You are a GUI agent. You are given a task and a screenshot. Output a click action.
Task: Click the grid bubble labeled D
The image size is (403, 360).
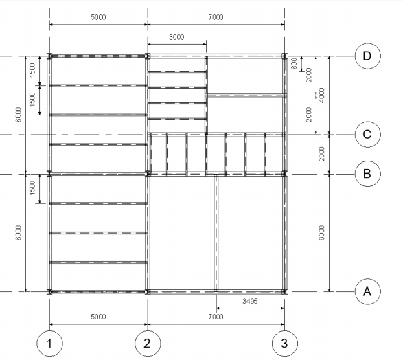367,56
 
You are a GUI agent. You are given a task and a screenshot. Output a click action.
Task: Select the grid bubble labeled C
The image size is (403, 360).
367,134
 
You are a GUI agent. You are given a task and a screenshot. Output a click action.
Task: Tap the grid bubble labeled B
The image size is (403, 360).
367,174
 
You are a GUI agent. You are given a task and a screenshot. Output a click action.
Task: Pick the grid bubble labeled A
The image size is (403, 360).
367,291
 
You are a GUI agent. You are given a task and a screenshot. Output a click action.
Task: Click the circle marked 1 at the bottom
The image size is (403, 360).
49,343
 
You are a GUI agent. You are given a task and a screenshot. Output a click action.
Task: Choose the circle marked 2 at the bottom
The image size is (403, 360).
147,343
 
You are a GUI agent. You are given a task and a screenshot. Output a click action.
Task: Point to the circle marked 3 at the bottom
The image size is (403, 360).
285,343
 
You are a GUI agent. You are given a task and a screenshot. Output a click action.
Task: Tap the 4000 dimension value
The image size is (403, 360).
322,95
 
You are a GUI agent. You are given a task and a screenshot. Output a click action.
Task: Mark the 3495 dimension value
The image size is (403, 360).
250,301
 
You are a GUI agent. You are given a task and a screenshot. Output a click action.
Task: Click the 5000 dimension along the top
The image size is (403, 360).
98,18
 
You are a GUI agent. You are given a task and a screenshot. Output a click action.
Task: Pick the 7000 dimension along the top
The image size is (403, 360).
216,18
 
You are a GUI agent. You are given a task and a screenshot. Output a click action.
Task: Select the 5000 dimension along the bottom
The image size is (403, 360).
98,317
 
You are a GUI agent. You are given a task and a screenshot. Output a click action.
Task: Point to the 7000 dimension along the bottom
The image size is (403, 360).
216,317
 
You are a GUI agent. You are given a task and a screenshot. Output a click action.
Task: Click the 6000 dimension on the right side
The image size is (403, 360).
322,233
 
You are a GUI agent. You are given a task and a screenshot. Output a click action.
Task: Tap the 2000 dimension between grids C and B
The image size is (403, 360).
322,154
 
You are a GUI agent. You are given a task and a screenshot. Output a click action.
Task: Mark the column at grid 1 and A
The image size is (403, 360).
49,291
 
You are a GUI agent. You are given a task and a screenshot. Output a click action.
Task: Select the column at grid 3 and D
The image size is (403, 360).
285,56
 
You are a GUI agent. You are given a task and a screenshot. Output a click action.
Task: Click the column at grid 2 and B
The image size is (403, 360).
147,174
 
